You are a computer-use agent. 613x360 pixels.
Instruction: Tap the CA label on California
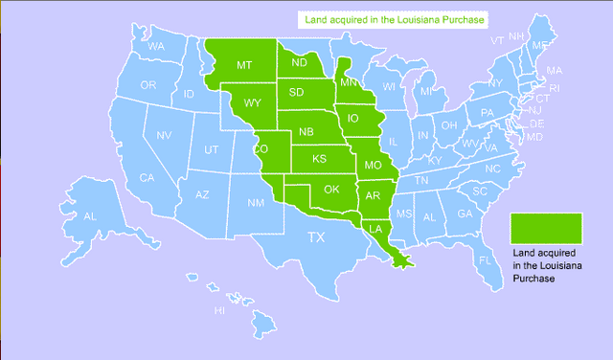pyautogui.click(x=148, y=177)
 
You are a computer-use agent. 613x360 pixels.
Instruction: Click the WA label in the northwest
pyautogui.click(x=156, y=46)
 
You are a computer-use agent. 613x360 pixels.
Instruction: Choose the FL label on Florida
pyautogui.click(x=485, y=259)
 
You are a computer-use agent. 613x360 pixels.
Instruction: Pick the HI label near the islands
pyautogui.click(x=219, y=310)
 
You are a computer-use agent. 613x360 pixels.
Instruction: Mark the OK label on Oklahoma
pyautogui.click(x=331, y=189)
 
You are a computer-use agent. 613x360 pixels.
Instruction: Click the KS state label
pyautogui.click(x=319, y=158)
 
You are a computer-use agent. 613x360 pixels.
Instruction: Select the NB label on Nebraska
pyautogui.click(x=306, y=131)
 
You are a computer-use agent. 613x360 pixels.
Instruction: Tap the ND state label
pyautogui.click(x=299, y=64)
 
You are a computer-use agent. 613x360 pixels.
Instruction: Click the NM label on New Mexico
pyautogui.click(x=257, y=203)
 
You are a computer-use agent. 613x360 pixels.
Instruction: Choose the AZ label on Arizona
pyautogui.click(x=202, y=194)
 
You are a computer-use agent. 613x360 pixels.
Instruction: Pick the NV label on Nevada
pyautogui.click(x=164, y=134)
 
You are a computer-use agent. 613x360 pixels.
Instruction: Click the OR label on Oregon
pyautogui.click(x=148, y=85)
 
